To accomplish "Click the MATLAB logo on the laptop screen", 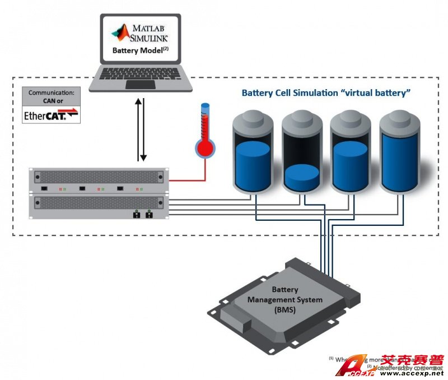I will pyautogui.click(x=120, y=33).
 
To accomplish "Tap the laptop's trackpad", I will pyautogui.click(x=140, y=84).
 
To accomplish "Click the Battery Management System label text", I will pyautogui.click(x=296, y=300).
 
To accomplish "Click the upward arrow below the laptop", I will pyautogui.click(x=137, y=129).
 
